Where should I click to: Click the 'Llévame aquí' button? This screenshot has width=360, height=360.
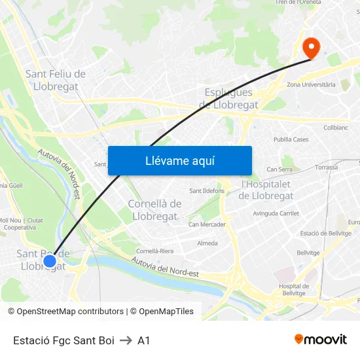(x=179, y=160)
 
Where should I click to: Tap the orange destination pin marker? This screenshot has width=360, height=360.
(x=311, y=46)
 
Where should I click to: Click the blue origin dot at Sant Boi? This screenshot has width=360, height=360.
(x=49, y=262)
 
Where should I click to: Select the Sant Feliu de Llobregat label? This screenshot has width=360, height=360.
(x=55, y=80)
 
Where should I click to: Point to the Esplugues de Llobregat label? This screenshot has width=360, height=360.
(x=229, y=98)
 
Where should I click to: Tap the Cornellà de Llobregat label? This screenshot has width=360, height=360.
(x=154, y=210)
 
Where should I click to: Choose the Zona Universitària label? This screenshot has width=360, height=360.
(x=311, y=84)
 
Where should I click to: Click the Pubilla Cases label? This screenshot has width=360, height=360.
(x=291, y=139)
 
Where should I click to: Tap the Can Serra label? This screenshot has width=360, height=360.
(x=279, y=169)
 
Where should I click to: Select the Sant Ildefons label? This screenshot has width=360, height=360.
(x=207, y=191)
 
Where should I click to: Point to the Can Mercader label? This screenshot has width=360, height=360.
(x=207, y=225)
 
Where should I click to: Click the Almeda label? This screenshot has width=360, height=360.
(x=207, y=243)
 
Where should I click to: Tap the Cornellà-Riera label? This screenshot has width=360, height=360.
(x=154, y=251)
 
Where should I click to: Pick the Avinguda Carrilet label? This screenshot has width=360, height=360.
(x=276, y=213)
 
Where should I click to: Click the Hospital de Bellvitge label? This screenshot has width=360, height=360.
(x=293, y=290)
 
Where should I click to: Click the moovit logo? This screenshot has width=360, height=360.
(x=320, y=339)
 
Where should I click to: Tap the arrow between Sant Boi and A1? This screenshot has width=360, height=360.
(x=126, y=340)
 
